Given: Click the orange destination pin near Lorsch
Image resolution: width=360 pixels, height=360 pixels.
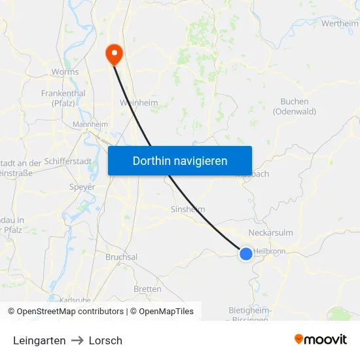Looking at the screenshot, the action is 114,54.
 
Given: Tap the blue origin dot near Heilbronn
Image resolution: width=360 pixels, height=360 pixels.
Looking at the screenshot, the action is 245,254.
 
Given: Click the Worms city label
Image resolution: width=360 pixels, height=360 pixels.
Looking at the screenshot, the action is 65,72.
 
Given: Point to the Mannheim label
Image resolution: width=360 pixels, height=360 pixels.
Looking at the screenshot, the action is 90,124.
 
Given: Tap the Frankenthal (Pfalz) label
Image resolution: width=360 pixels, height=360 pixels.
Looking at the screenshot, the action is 63,98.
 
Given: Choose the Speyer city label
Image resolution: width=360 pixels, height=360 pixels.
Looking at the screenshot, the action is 82,187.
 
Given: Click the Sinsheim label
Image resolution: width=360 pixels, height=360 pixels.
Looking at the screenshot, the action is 187,209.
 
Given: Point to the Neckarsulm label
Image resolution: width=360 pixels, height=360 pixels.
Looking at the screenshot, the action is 271,232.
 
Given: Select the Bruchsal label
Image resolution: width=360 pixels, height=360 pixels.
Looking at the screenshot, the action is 121,257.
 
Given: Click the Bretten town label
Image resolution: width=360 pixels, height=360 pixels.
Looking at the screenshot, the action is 147,289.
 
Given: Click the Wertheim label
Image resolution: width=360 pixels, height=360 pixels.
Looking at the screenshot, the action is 340,24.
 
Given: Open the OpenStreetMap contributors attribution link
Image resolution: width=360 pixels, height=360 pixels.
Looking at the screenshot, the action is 70,312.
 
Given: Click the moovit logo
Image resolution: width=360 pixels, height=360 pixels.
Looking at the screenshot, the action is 321,339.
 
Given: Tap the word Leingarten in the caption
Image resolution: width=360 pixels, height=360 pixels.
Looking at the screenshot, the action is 39,340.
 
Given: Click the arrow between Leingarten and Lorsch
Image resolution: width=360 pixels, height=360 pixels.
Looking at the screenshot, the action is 77,340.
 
